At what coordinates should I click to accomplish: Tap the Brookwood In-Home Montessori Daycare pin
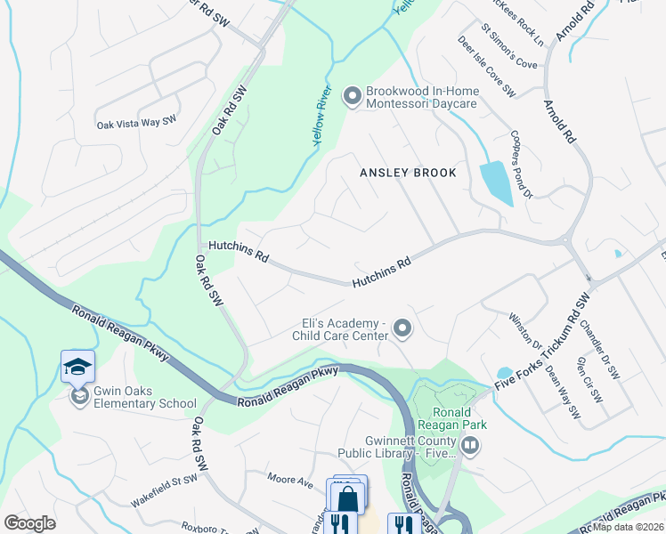pos(352,94)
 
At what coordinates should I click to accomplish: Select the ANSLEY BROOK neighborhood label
pos(408,173)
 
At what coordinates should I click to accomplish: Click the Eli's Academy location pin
pos(402,329)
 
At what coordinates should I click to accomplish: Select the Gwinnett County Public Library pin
pos(468,446)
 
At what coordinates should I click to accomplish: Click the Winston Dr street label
pos(524,330)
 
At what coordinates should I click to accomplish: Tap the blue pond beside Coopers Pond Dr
pos(496,182)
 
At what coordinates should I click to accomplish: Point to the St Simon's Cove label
pos(509,52)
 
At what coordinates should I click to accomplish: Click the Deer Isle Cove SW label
pos(487,66)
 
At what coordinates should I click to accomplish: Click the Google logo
pos(29,522)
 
